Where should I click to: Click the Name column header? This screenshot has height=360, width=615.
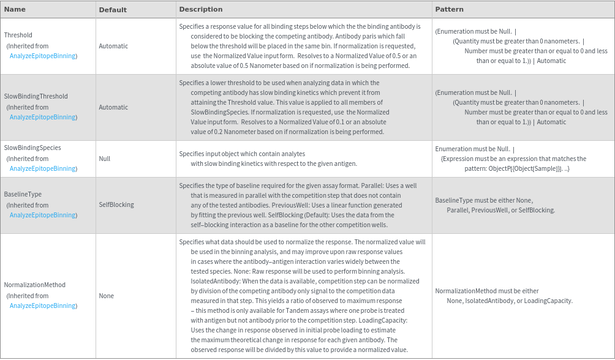15,9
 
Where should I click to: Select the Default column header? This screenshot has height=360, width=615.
113,10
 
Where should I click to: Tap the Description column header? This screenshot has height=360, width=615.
200,9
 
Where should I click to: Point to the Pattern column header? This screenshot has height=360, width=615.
449,9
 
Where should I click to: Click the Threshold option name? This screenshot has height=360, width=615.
18,36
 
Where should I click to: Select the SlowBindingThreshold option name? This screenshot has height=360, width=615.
36,97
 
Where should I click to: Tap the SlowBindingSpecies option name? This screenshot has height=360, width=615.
32,148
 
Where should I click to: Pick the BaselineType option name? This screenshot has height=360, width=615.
23,195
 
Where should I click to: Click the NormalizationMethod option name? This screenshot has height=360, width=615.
34,285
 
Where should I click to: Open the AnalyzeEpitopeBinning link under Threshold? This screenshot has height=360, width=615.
42,56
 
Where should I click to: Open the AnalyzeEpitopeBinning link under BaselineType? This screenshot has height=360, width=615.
42,216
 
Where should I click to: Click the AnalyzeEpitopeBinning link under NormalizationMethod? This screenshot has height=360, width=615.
42,306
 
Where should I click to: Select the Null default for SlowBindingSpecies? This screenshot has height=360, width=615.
104,159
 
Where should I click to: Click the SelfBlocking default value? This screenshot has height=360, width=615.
116,205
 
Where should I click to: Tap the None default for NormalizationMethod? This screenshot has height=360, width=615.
106,296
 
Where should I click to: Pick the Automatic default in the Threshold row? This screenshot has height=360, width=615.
113,46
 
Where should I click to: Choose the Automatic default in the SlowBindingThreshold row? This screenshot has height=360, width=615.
113,107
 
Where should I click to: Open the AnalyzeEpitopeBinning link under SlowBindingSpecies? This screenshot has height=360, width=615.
42,169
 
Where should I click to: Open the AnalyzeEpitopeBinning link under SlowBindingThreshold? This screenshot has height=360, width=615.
42,118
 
